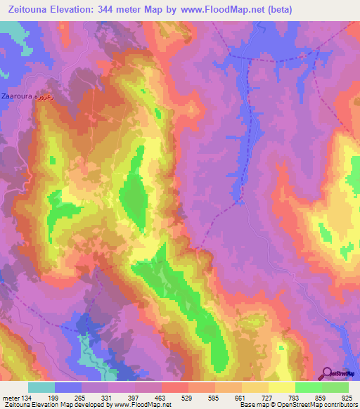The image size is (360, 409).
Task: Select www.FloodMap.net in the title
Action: (x=214, y=9)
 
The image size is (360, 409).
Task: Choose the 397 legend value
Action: (x=148, y=398)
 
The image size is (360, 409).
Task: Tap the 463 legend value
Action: (x=174, y=398)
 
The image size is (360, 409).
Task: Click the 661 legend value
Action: (x=255, y=398)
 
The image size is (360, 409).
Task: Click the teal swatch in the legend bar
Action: (x=41, y=387)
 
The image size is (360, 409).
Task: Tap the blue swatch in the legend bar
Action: (x=68, y=387)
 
